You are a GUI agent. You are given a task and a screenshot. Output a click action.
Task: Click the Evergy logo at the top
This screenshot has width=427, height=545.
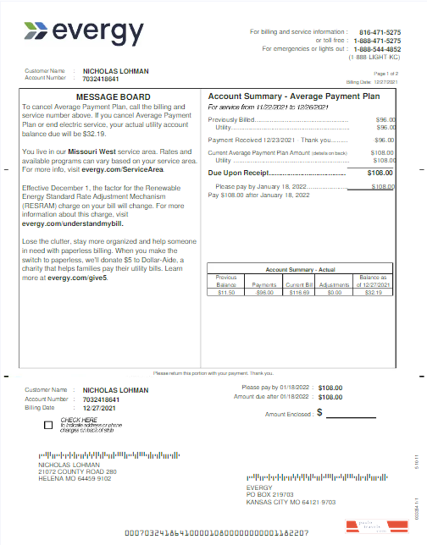(x=84, y=32)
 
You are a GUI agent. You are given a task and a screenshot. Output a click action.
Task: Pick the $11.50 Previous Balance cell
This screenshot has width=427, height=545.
(x=225, y=292)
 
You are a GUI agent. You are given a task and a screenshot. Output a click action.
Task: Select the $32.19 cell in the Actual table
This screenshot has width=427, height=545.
(x=373, y=292)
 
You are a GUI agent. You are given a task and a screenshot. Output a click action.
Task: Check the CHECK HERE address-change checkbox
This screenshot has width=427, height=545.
(x=47, y=424)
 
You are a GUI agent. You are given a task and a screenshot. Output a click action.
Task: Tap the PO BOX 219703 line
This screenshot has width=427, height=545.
(x=269, y=494)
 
